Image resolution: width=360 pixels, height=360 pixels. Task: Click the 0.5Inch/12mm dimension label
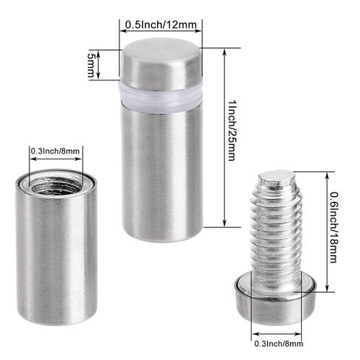tap(161, 24)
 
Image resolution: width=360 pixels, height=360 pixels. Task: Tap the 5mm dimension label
tap(91, 65)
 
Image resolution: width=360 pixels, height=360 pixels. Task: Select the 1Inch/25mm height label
tap(232, 131)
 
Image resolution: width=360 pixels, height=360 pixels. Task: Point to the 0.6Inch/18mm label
tap(334, 227)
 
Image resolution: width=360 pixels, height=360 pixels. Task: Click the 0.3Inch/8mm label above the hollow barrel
tap(55, 150)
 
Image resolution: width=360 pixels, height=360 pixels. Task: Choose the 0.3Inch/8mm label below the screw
tap(279, 343)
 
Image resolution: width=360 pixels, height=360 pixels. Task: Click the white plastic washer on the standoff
tap(161, 97)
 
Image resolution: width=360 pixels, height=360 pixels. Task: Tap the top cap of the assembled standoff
tap(162, 63)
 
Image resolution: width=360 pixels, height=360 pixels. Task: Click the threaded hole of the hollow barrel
tap(56, 185)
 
